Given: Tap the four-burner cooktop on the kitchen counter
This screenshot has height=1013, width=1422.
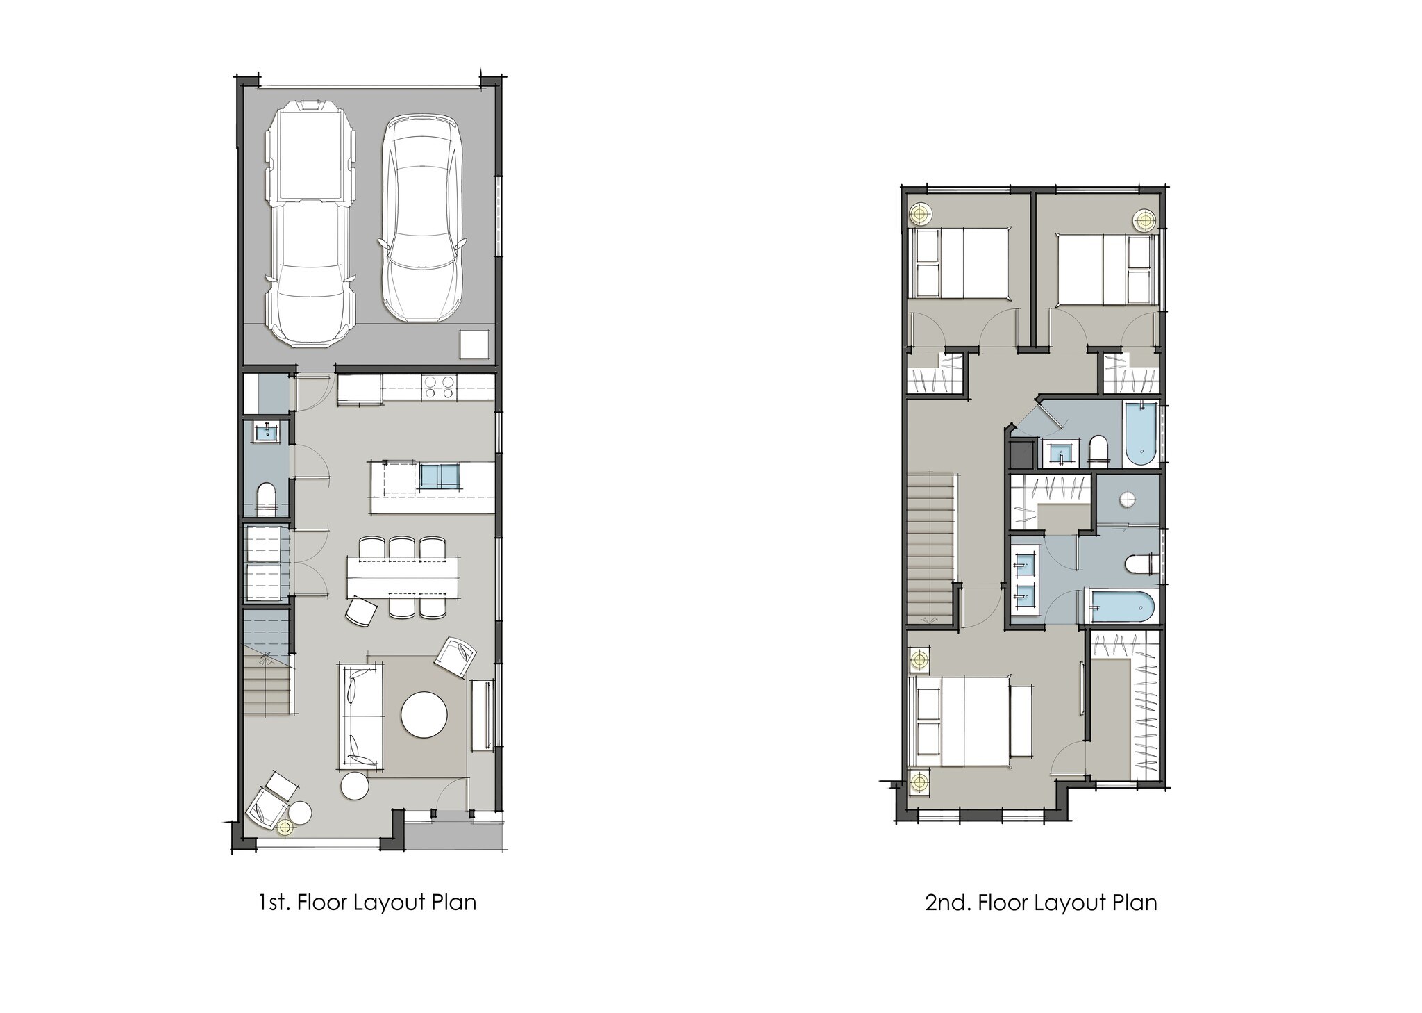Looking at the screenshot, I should coord(439,386).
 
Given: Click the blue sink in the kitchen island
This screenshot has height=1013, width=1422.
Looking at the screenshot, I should coord(439,476).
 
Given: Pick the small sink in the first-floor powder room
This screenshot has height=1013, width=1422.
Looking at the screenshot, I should coord(267,432).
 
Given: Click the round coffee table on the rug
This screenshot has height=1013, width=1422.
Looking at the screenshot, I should coord(424,715).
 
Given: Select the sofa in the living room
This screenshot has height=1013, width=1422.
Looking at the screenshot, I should coord(360,716).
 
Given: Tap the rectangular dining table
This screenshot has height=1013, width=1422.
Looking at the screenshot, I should coord(403,577).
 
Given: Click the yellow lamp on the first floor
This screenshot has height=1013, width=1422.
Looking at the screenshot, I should coord(283,827).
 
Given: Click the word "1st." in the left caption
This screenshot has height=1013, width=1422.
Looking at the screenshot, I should coord(273,903).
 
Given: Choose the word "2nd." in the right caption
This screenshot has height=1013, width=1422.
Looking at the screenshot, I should coord(948,903).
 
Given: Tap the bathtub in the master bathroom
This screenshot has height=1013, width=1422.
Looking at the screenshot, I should coord(1121,606).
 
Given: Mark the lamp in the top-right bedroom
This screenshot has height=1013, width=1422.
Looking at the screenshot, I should coord(1144,220).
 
